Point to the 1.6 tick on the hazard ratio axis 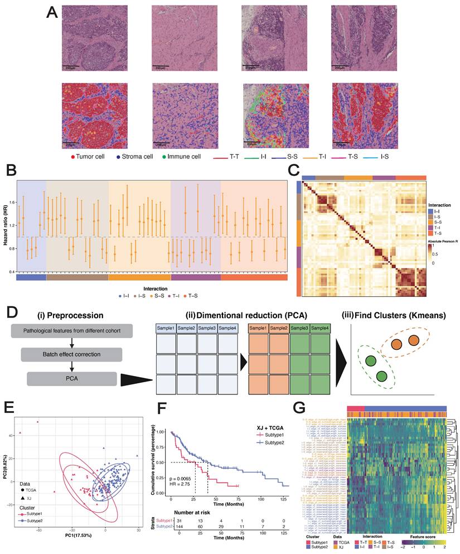[12, 202]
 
